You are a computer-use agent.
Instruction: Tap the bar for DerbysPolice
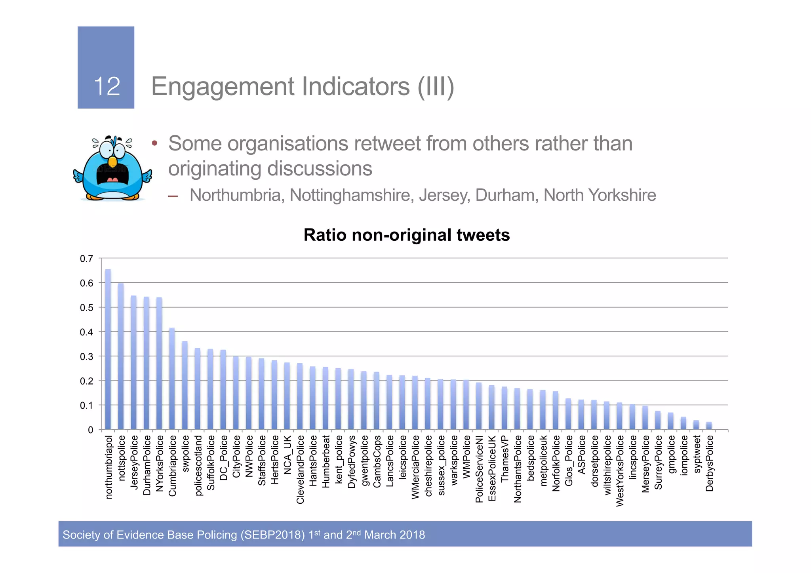pyautogui.click(x=709, y=426)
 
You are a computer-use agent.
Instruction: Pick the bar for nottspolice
pyautogui.click(x=121, y=356)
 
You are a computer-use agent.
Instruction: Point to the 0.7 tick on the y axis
pyautogui.click(x=87, y=259)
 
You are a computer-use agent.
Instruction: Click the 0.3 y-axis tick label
pyautogui.click(x=87, y=356)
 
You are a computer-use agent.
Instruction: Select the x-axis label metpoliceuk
pyautogui.click(x=543, y=461)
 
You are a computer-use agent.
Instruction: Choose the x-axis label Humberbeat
pyautogui.click(x=326, y=461)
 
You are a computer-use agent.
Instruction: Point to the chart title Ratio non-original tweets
pyautogui.click(x=406, y=235)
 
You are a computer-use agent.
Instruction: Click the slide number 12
pyautogui.click(x=107, y=86)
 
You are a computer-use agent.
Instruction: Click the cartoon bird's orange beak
pyautogui.click(x=112, y=162)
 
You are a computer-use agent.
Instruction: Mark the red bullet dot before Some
pyautogui.click(x=155, y=143)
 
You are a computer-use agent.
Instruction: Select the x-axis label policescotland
pyautogui.click(x=198, y=465)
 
